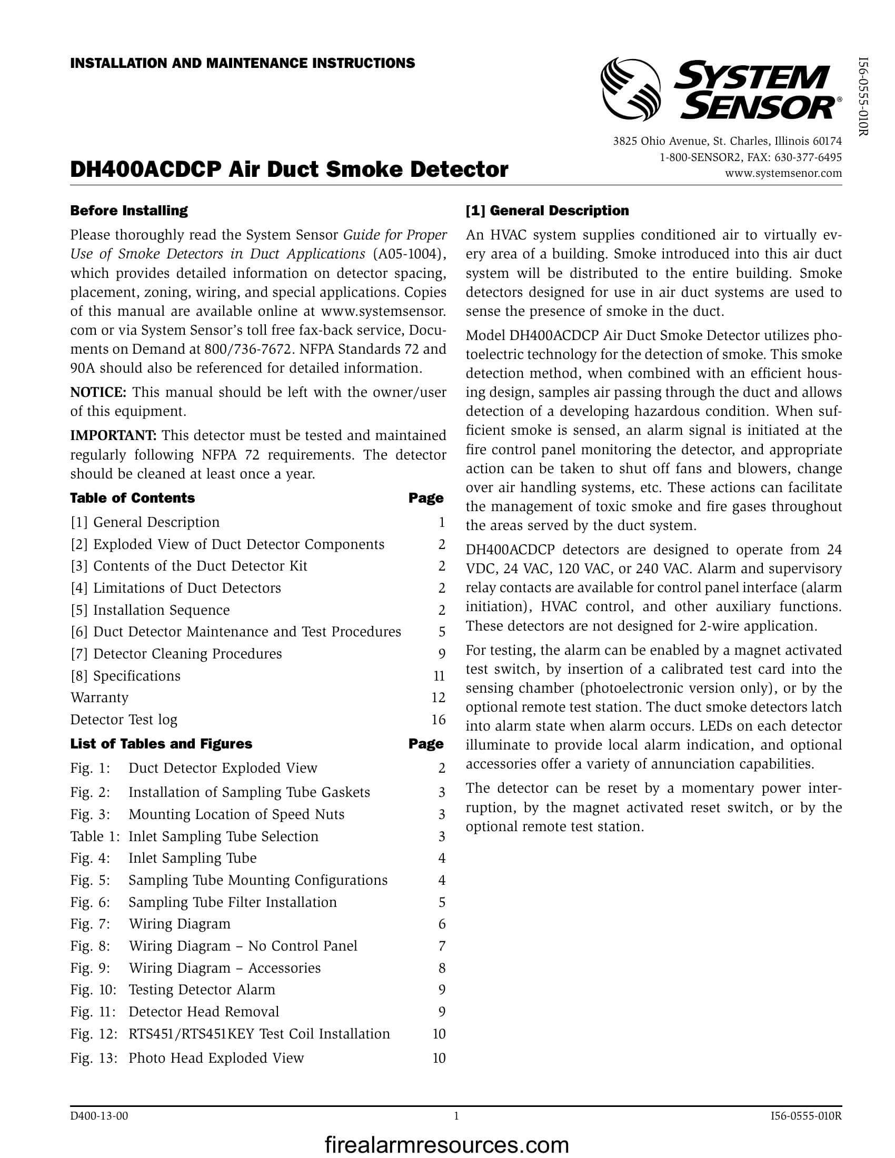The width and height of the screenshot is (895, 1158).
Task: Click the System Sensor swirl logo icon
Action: (630, 89)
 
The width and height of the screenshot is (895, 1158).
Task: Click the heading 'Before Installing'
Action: (129, 211)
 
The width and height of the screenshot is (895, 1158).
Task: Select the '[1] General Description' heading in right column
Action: (547, 211)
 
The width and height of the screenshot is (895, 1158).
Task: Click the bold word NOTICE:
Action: (98, 392)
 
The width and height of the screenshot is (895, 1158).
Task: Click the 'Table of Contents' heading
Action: (133, 498)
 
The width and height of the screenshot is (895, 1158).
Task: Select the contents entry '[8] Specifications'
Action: (126, 675)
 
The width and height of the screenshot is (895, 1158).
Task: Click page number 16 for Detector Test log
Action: (438, 720)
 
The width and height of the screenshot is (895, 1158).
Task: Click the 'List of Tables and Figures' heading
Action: (161, 744)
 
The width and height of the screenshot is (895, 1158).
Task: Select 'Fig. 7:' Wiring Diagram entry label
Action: (90, 924)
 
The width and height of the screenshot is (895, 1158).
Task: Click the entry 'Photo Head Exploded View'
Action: (216, 1058)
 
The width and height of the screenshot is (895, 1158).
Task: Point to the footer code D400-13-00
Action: (99, 1115)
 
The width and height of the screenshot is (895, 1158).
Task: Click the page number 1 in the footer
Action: (456, 1115)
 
